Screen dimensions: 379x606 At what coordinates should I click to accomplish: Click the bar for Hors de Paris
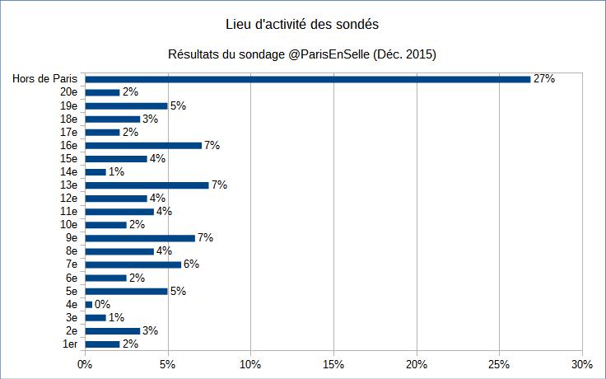tap(307, 79)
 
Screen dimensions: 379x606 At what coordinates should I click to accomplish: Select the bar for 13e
tap(147, 185)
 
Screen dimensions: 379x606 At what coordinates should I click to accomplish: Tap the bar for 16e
tap(143, 145)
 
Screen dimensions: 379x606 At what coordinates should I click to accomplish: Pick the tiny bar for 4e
tap(88, 304)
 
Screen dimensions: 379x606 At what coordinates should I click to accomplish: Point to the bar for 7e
tap(133, 264)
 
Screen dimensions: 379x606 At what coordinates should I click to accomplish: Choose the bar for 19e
tap(126, 105)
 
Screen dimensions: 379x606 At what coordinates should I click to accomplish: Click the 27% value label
tap(544, 79)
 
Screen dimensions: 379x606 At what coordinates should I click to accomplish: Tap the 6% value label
tap(191, 264)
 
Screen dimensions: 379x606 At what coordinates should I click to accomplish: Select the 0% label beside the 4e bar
tap(102, 304)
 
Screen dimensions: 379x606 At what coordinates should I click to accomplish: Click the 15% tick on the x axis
tap(333, 364)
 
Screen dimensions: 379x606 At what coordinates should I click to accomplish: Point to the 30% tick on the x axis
tap(581, 364)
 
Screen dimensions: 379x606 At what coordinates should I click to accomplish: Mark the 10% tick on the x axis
tap(250, 364)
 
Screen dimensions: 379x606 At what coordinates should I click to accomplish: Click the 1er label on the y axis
tap(70, 344)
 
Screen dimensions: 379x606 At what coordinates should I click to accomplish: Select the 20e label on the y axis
tap(68, 92)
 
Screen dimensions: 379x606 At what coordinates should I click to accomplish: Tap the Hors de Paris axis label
tap(44, 79)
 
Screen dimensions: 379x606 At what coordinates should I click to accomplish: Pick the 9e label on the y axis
tap(71, 238)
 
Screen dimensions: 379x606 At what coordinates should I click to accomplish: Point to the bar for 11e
tap(119, 211)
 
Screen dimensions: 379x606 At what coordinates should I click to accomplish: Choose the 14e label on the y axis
tap(68, 171)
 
